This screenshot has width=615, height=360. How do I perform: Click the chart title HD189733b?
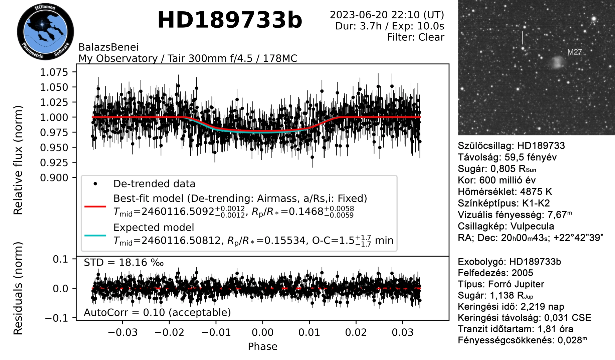click(230, 20)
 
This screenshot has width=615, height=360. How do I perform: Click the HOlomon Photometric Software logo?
click(45, 32)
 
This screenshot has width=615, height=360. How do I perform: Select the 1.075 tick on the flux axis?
click(54, 72)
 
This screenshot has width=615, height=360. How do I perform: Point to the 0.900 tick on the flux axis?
click(54, 178)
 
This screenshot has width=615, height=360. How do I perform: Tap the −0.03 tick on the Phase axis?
click(123, 332)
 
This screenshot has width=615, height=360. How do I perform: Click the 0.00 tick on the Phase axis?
click(262, 332)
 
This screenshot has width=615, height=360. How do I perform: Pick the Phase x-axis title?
click(262, 347)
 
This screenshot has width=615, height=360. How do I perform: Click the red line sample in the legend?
click(95, 207)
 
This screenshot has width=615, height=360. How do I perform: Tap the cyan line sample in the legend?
click(95, 236)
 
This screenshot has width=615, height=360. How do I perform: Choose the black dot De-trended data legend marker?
click(95, 184)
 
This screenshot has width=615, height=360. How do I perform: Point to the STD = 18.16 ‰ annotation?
click(124, 263)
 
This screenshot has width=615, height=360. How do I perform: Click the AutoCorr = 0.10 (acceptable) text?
click(157, 313)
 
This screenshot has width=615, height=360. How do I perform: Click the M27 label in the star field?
click(575, 52)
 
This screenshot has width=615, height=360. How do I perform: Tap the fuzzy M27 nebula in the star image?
click(557, 62)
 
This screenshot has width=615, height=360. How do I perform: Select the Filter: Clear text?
click(416, 37)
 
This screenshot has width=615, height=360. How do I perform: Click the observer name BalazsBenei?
click(109, 47)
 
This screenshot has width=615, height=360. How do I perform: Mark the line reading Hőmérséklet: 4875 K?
click(505, 192)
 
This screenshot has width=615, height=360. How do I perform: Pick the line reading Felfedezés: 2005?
click(495, 273)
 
